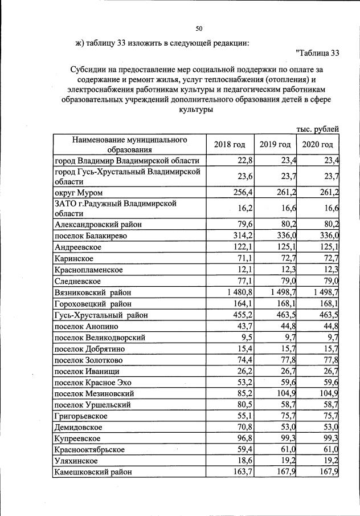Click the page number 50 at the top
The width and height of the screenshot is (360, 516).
pos(199,29)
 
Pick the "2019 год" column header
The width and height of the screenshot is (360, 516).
pos(275,144)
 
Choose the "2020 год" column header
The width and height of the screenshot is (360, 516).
pos(318,144)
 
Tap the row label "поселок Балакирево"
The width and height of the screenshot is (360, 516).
pos(90,235)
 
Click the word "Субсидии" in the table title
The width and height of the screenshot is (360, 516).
pos(89,69)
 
